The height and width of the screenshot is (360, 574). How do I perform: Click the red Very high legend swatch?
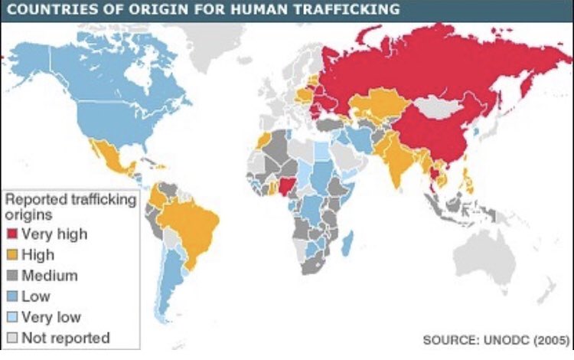coord(13,234)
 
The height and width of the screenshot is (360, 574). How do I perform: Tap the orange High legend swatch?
coord(13,254)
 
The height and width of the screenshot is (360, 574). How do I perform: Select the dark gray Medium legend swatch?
coord(13,275)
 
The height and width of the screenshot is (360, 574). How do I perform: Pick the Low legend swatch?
coord(13,296)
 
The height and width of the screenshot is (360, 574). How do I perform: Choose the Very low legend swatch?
coord(13,316)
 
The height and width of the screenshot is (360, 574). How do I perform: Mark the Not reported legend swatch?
coord(13,337)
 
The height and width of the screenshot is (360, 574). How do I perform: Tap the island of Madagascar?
coord(349,244)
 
